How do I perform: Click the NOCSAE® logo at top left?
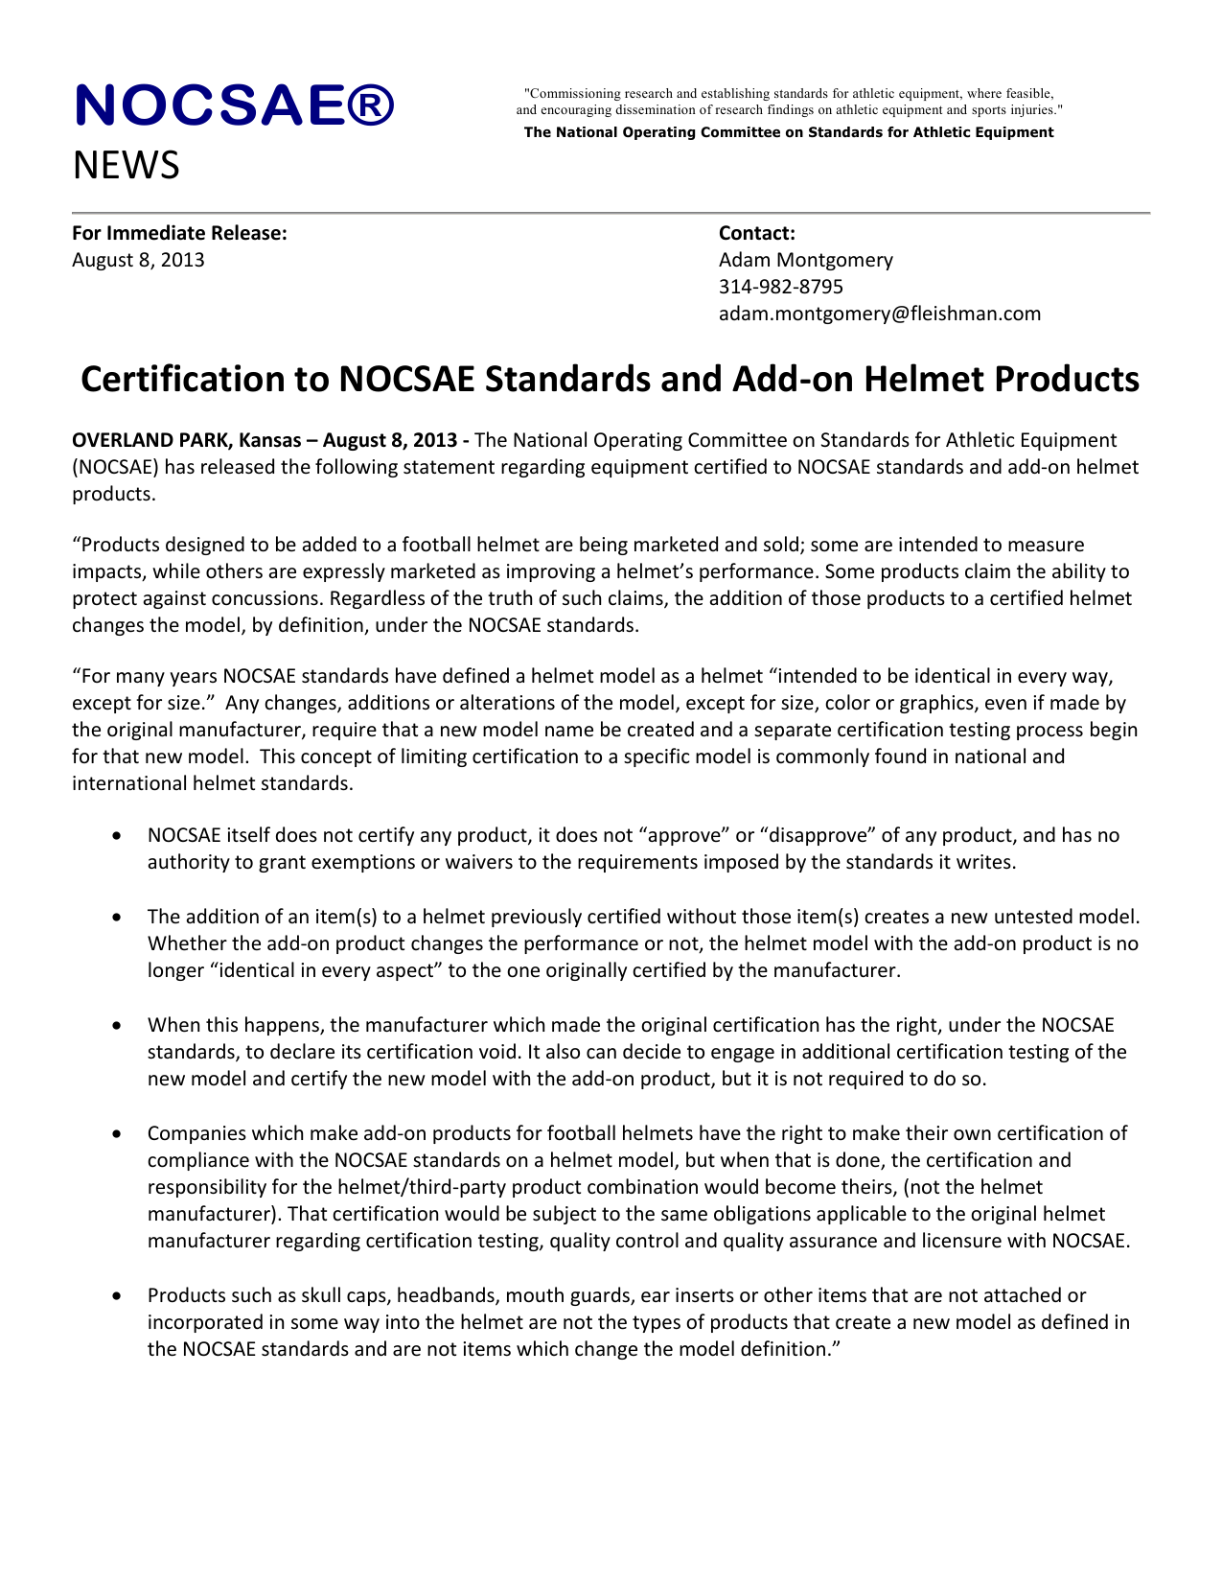tap(235, 105)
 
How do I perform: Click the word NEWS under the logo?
tap(126, 166)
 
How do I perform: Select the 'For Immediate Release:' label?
tap(179, 233)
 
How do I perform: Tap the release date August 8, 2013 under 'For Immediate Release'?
tap(138, 260)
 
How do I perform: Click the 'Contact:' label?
tap(756, 233)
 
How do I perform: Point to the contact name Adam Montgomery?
tap(805, 260)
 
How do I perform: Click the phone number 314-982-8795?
tap(780, 287)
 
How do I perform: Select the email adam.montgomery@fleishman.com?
tap(879, 314)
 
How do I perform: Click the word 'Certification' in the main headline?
tap(203, 380)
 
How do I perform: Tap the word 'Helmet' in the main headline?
tap(922, 380)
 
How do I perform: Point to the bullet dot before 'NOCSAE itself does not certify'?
tap(116, 836)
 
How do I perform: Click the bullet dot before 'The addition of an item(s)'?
tap(116, 918)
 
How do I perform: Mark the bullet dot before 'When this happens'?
tap(116, 1026)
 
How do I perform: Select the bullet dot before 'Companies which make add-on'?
tap(116, 1134)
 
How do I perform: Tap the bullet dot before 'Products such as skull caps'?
tap(116, 1296)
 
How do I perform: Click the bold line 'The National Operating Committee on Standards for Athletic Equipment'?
tap(788, 132)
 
